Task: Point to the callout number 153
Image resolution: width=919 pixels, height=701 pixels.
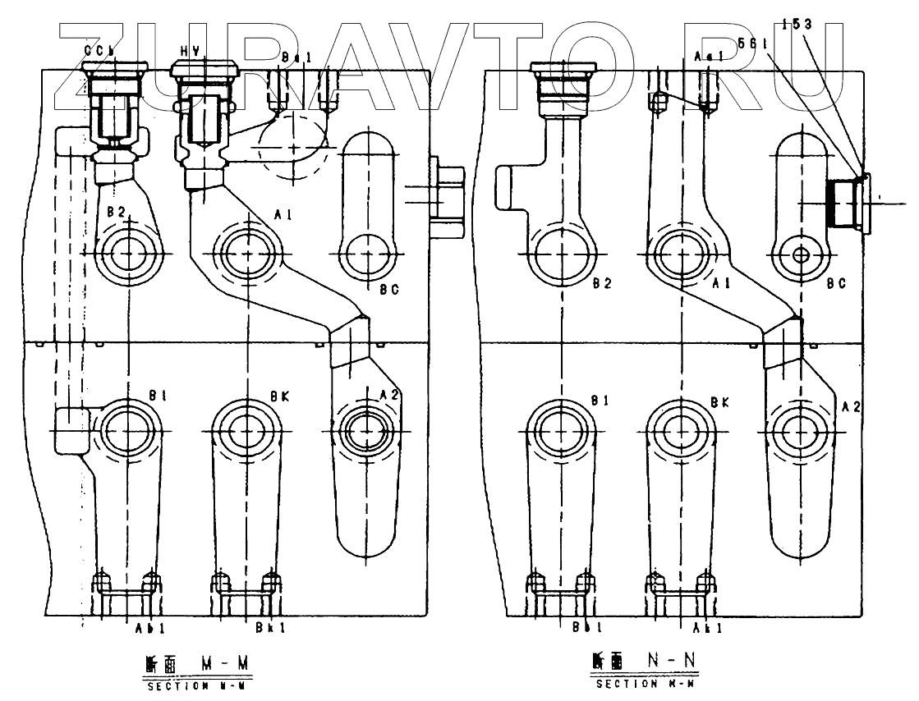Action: [797, 25]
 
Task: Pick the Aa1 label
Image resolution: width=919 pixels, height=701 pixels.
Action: [708, 57]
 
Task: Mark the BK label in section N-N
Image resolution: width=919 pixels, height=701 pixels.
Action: [720, 401]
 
